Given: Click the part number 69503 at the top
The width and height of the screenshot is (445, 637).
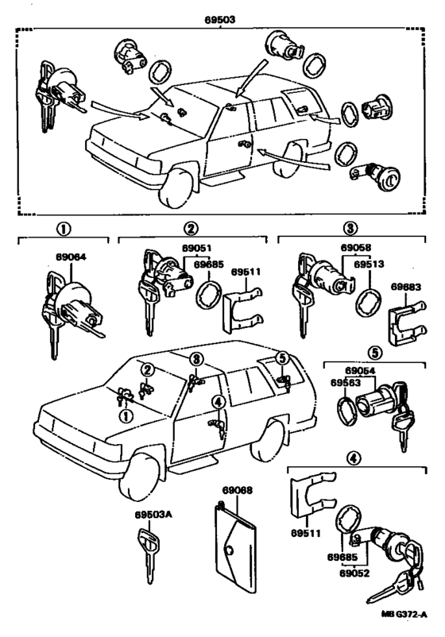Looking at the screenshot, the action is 219,20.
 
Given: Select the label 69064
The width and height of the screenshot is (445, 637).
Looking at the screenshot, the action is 71,257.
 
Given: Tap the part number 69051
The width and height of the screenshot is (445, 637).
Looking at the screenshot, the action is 197,249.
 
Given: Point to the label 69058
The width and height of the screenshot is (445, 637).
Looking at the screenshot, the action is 356,248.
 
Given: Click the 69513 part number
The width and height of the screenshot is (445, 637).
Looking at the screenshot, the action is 369,264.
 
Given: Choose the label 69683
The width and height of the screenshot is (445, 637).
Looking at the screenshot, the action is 406,287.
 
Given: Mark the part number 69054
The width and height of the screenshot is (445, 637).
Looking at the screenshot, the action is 361,371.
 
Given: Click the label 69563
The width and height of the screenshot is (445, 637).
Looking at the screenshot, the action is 346,383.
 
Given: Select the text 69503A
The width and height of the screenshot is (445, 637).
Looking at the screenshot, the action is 153,515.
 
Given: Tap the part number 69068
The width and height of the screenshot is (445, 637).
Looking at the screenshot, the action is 238,490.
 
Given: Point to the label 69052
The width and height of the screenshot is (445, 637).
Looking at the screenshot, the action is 354,573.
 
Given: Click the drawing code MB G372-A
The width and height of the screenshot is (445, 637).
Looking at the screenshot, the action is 404,626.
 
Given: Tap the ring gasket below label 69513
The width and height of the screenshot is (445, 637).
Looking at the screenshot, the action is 369,302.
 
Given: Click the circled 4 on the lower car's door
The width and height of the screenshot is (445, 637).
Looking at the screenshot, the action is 219,402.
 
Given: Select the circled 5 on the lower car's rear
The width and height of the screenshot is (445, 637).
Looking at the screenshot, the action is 281,358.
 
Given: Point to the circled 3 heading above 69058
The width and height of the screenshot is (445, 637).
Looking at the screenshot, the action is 350,228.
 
